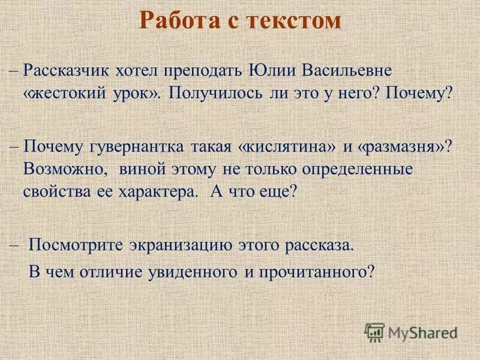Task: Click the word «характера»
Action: pyautogui.click(x=157, y=193)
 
